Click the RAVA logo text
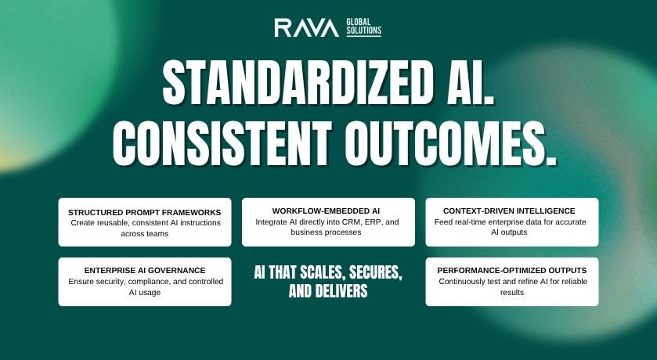tap(306, 28)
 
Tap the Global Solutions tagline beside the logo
tap(363, 28)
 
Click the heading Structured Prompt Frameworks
tap(145, 212)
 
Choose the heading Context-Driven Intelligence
tap(509, 211)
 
